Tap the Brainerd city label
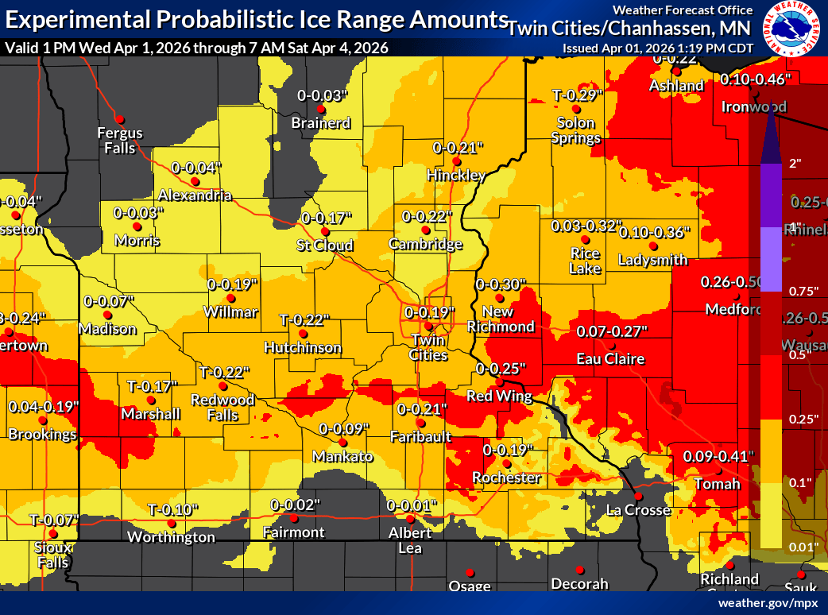[x=321, y=123]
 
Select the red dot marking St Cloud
[x=324, y=231]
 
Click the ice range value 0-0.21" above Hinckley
[x=458, y=148]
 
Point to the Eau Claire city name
[x=610, y=359]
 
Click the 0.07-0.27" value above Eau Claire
[x=612, y=331]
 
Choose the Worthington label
[x=171, y=537]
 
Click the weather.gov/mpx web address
[x=767, y=603]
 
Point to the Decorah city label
[x=579, y=584]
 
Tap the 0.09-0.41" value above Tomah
[x=718, y=457]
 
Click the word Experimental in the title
[x=75, y=18]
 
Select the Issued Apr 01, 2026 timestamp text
[x=657, y=48]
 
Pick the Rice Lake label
[x=585, y=260]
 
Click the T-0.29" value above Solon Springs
[x=578, y=95]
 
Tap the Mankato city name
[x=342, y=456]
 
